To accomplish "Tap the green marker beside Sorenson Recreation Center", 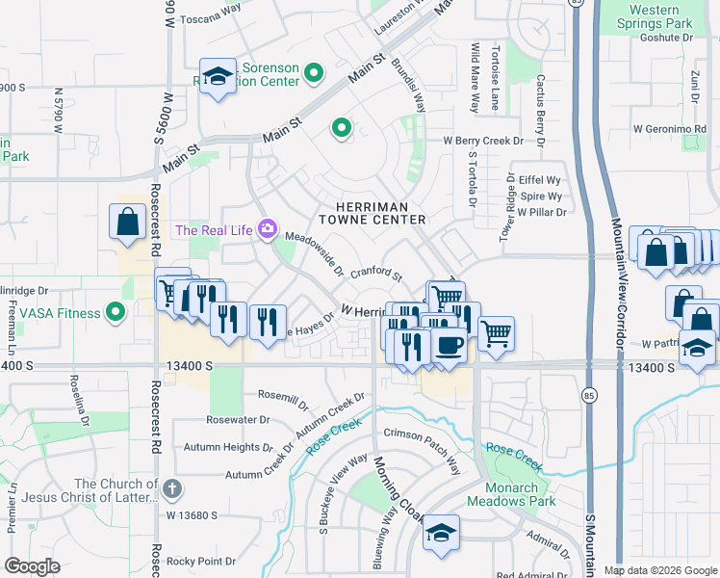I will (313, 73).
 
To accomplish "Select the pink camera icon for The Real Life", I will (267, 230).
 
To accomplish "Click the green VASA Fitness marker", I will (116, 312).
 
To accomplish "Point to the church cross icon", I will (172, 488).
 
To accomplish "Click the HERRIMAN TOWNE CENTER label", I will (379, 213).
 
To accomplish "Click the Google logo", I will (33, 566).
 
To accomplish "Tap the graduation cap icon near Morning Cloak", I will (441, 534).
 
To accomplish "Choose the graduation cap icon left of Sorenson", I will (218, 77).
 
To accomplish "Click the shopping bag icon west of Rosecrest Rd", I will (128, 223).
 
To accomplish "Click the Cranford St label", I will (375, 276).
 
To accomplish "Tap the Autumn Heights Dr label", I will (228, 448).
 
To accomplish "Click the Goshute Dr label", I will (666, 38).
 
